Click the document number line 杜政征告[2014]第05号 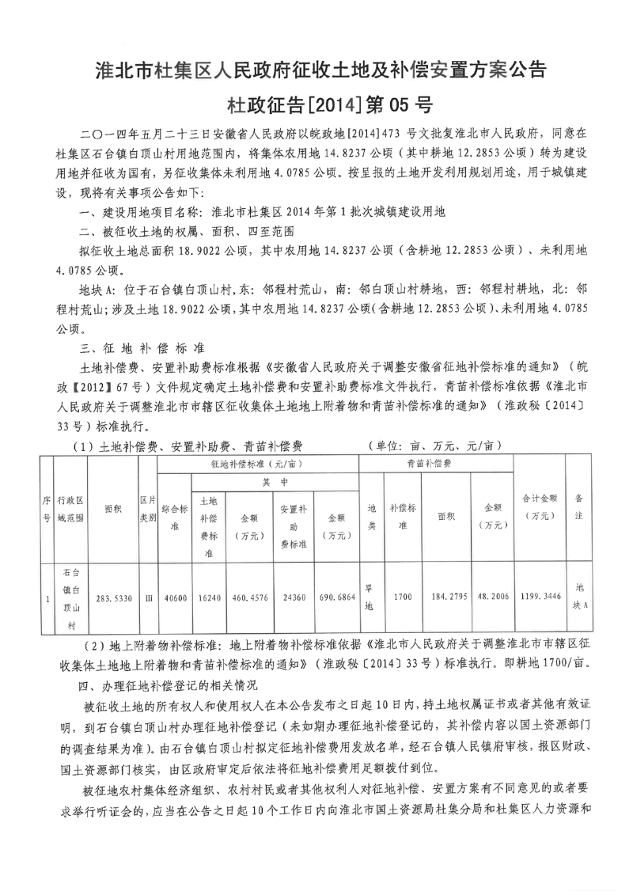coord(316,104)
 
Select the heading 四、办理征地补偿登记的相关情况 coord(174,681)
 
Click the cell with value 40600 coord(174,599)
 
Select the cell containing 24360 coord(293,599)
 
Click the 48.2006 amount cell coord(493,599)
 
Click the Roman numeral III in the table coord(147,599)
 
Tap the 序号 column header coord(46,511)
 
